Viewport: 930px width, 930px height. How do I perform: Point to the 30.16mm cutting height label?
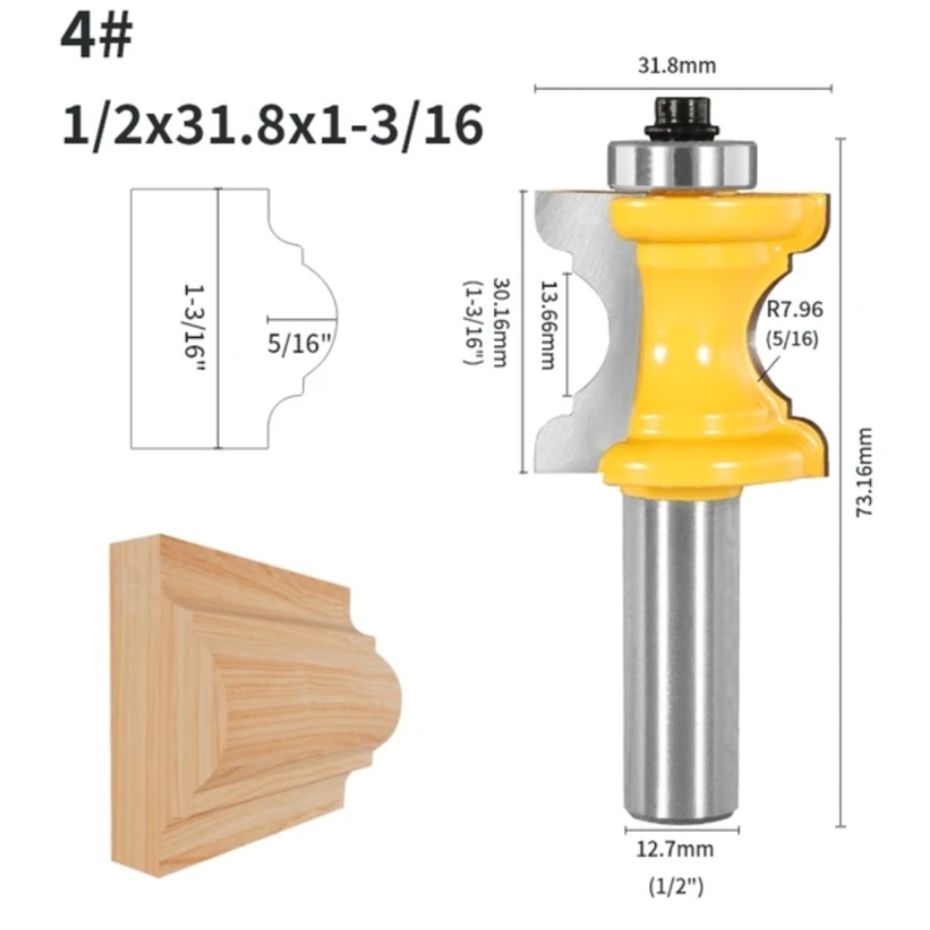(501, 322)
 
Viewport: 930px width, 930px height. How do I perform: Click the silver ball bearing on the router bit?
(682, 165)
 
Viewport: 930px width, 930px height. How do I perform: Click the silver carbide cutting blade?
(571, 327)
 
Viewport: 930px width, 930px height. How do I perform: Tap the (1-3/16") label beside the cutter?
(478, 322)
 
